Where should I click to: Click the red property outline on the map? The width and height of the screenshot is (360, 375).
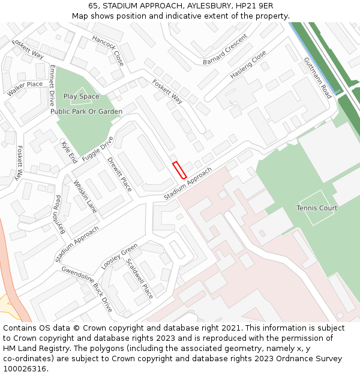[179, 170]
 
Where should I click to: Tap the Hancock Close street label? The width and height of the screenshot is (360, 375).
[108, 50]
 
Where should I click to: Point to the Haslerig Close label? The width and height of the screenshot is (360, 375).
[248, 65]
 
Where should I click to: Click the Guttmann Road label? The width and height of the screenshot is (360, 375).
[317, 78]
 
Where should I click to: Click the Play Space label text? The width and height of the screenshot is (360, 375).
[82, 96]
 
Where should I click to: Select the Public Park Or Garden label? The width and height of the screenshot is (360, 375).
[86, 112]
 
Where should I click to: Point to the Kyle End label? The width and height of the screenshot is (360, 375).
[69, 152]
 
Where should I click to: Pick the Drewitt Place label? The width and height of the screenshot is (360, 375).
[119, 174]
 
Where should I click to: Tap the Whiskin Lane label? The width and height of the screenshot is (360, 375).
[85, 197]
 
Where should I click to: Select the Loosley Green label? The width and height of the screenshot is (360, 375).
[119, 257]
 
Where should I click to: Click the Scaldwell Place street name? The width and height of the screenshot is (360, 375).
[139, 278]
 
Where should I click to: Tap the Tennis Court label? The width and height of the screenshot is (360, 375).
[317, 208]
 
